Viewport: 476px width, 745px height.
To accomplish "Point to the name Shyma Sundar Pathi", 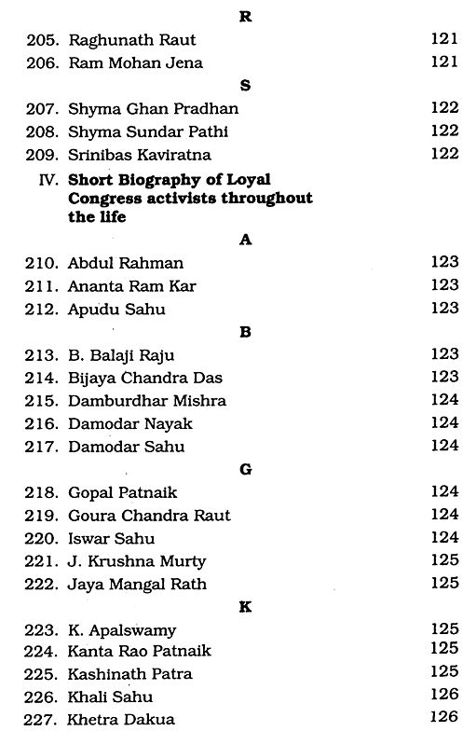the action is tap(148, 132).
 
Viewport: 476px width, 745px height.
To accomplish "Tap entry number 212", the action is tap(43, 310).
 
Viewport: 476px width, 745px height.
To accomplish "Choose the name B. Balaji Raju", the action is tap(120, 354).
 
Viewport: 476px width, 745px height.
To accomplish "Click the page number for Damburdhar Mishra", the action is tap(445, 400).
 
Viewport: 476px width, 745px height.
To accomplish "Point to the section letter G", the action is tap(246, 468).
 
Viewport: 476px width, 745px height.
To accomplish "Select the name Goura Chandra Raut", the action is tap(149, 515).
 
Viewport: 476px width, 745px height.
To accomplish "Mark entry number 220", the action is tap(43, 537).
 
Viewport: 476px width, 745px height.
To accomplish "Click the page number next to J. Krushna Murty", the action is tap(445, 560).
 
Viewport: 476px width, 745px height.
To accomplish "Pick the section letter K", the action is tap(246, 606).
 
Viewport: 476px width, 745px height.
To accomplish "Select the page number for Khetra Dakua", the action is tap(445, 719).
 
